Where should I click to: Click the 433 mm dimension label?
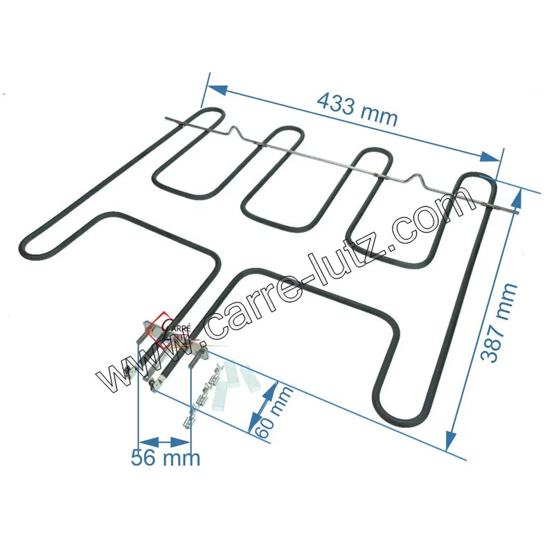357,109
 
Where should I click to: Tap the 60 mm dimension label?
273,411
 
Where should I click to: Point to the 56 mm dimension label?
166,457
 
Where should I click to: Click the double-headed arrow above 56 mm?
164,441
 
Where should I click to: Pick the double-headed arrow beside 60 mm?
262,406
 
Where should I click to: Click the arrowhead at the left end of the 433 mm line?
216,90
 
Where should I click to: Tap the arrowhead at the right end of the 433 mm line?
491,157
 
